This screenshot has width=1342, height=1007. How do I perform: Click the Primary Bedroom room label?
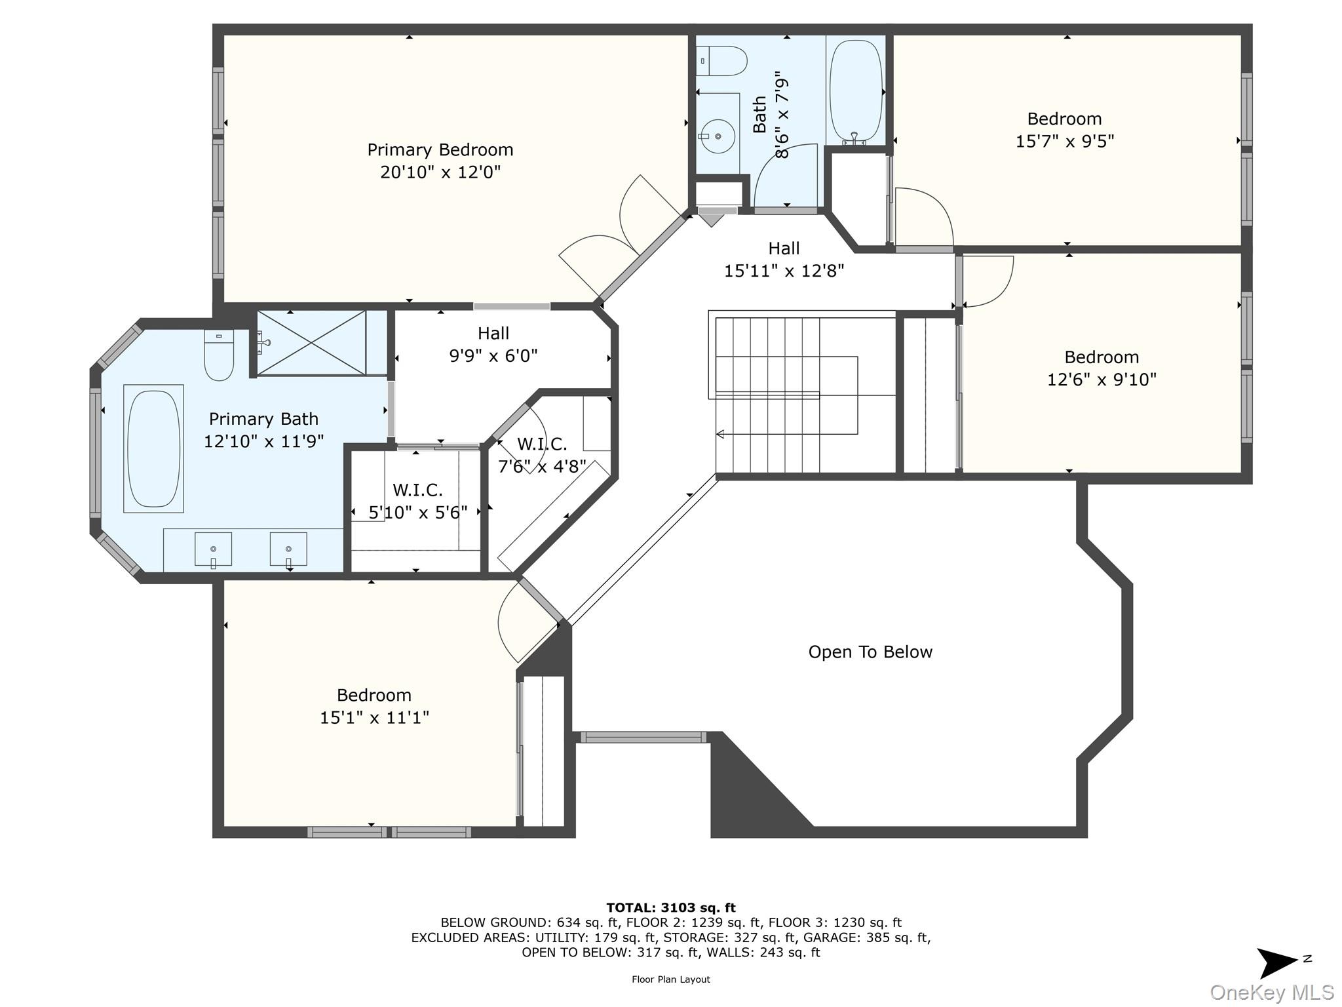point(440,161)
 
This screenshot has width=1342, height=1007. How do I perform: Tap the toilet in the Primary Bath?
point(219,355)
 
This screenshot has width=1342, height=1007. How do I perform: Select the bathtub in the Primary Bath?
point(153,448)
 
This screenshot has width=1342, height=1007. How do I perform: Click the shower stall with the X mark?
point(311,343)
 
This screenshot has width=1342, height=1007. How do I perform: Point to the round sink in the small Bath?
point(718,136)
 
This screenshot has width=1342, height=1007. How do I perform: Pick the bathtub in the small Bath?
point(856,92)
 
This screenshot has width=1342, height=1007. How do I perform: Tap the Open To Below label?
point(870,652)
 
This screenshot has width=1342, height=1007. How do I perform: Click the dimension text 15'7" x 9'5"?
point(1065,142)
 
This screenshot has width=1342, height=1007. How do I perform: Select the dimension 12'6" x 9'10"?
point(1102,380)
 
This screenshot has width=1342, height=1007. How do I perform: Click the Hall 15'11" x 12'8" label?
point(784,260)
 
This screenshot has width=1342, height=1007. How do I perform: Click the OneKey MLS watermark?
point(1272,993)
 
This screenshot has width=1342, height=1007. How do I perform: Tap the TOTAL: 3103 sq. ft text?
point(671,908)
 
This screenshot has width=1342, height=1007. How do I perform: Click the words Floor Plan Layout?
point(671,979)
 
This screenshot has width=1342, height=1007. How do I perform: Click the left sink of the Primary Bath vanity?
point(213,549)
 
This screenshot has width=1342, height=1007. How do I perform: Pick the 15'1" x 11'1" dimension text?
point(374,718)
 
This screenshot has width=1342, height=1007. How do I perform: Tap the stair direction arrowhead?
point(719,434)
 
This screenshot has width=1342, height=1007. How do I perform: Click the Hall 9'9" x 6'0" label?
point(493,345)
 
